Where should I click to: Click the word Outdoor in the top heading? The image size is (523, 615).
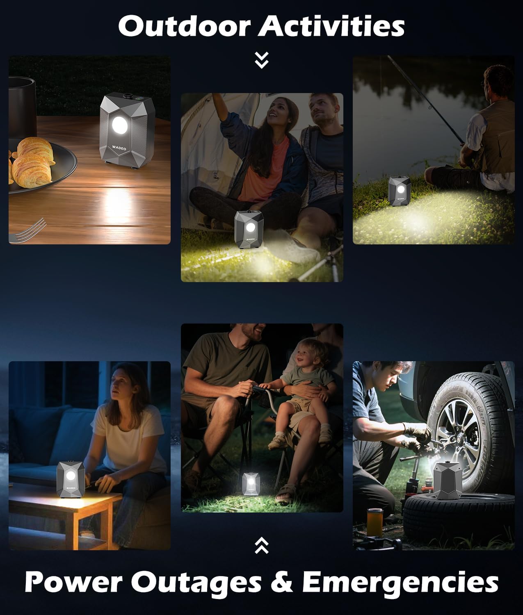[x=185, y=26]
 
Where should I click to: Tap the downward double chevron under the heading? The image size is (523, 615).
[x=262, y=60]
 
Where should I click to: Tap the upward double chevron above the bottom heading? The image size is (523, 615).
[x=262, y=545]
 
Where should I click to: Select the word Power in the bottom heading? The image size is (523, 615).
[x=73, y=582]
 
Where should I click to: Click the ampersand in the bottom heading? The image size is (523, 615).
[x=282, y=582]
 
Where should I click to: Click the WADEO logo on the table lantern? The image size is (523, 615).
[x=119, y=148]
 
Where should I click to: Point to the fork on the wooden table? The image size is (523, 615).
[x=28, y=230]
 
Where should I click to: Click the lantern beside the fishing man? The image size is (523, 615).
[x=400, y=191]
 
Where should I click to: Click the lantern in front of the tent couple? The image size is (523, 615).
[x=249, y=230]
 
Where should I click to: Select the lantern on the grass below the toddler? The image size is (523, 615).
[x=251, y=484]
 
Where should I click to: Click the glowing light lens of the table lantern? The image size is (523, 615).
[x=120, y=125]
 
